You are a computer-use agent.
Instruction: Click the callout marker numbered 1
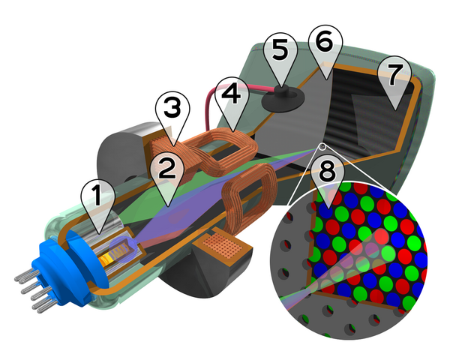(96, 196)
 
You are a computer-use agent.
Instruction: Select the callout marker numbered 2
(166, 171)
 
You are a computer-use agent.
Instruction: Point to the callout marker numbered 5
(279, 52)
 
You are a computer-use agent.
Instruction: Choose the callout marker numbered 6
(325, 43)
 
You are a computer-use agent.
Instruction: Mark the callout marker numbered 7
(394, 73)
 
